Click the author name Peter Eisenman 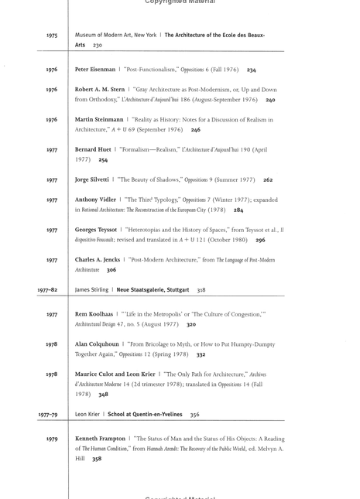[95, 70]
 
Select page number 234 [252, 70]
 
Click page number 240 [270, 100]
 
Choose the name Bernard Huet [93, 149]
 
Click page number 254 [104, 160]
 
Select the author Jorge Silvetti [93, 179]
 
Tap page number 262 [268, 180]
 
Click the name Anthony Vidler [96, 200]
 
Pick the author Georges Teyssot [96, 230]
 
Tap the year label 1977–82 [48, 290]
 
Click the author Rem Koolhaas [95, 315]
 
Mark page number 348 [104, 395]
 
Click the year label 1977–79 [48, 415]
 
